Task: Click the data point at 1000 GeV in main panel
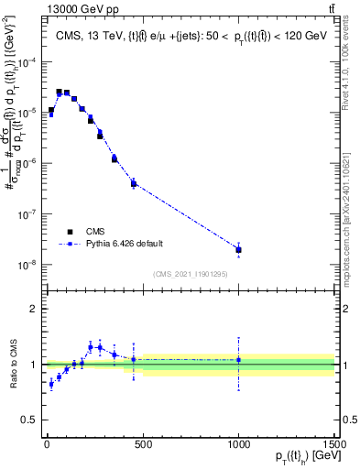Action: pyautogui.click(x=238, y=249)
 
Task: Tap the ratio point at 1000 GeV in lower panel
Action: pyautogui.click(x=238, y=360)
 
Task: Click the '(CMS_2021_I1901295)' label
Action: pyautogui.click(x=190, y=274)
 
